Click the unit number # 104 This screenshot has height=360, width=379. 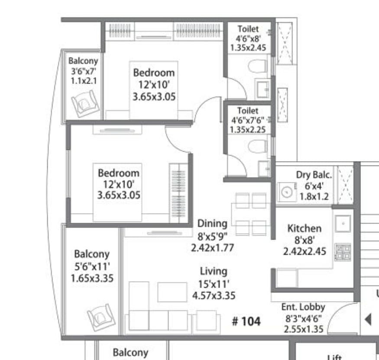[246, 321]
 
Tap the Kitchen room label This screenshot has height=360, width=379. [304, 228]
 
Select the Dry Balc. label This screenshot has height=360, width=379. [314, 175]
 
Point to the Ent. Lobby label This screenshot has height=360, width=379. [303, 307]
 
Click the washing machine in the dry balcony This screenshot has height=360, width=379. [287, 192]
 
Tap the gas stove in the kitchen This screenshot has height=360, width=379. [343, 252]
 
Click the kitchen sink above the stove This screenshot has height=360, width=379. [343, 224]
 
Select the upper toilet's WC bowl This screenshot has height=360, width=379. [258, 66]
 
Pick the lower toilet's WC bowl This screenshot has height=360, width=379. [258, 146]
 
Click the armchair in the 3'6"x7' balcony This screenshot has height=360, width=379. [85, 104]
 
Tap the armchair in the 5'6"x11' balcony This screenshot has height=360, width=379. [101, 318]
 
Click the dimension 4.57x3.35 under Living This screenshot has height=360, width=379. [214, 296]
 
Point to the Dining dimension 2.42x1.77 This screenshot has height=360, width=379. [213, 248]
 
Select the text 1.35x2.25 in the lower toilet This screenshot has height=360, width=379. [247, 130]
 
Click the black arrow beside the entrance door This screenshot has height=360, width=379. [368, 319]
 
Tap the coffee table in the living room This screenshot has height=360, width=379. [172, 292]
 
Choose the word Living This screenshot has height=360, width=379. [214, 271]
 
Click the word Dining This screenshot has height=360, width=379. [212, 224]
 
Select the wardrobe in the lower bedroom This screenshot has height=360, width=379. [178, 193]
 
